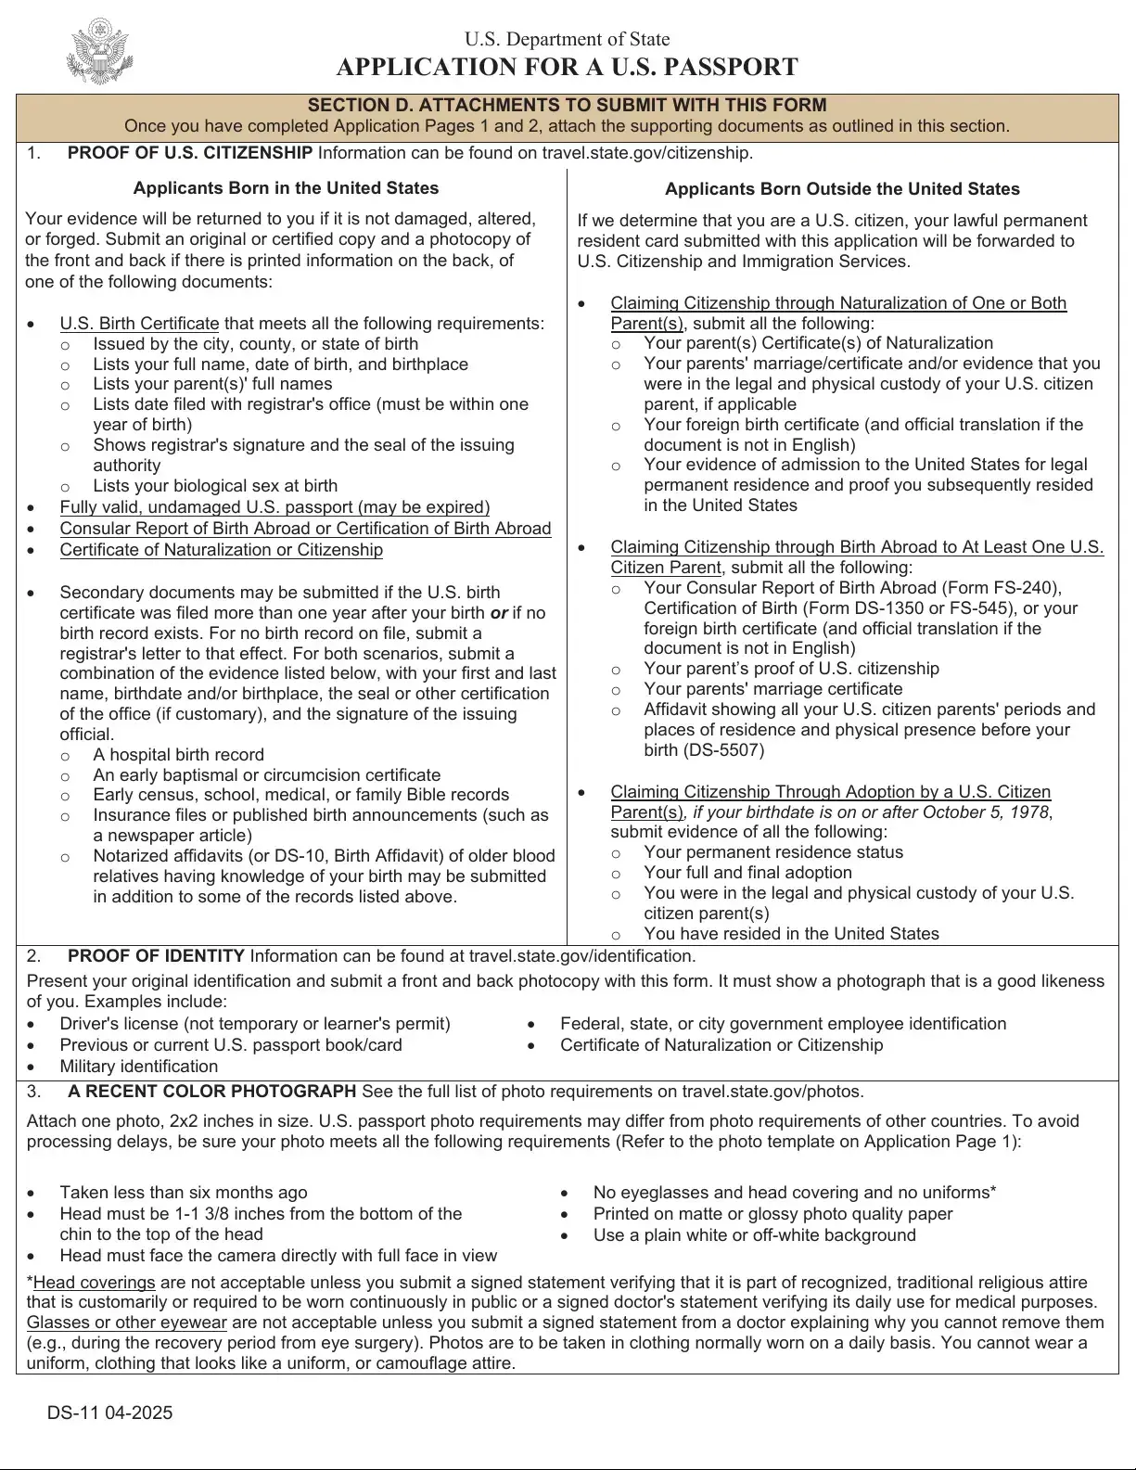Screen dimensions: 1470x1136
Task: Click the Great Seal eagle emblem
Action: click(100, 53)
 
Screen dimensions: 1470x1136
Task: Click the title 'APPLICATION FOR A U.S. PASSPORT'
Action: click(567, 68)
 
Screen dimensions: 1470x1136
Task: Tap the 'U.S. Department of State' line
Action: click(567, 39)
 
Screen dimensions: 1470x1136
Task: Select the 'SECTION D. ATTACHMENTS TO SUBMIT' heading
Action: click(567, 105)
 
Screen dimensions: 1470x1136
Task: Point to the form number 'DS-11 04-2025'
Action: click(109, 1412)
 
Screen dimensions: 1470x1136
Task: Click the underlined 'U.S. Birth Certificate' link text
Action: click(139, 324)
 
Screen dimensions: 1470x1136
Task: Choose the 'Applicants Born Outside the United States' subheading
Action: click(842, 189)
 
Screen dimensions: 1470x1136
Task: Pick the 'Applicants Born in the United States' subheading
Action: click(286, 188)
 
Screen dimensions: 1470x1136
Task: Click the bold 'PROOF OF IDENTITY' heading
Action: click(156, 956)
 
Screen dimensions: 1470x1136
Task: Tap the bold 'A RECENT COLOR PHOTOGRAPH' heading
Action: click(211, 1092)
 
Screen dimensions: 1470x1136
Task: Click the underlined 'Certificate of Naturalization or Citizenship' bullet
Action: click(221, 550)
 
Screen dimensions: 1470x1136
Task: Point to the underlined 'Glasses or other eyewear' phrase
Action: click(126, 1323)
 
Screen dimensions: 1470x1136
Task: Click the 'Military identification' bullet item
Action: click(138, 1067)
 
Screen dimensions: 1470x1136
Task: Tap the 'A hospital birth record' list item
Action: click(178, 755)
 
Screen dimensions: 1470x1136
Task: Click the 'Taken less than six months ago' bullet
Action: click(183, 1193)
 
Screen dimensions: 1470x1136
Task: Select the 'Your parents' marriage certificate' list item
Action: click(772, 689)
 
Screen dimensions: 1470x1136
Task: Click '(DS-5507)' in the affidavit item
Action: click(704, 750)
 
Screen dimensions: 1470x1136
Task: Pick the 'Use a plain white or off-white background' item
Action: click(754, 1235)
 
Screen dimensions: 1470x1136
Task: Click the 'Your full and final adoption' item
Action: click(747, 873)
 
